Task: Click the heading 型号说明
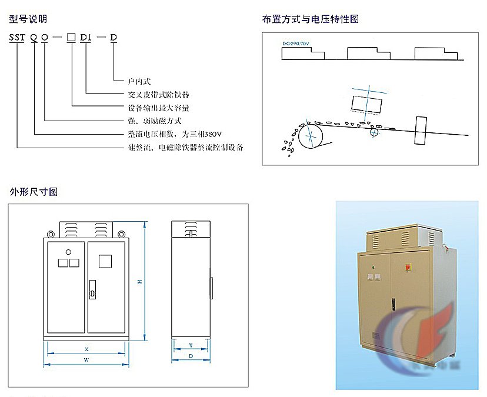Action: pyautogui.click(x=28, y=19)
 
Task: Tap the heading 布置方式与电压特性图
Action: pyautogui.click(x=310, y=19)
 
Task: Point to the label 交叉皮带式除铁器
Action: pyautogui.click(x=158, y=95)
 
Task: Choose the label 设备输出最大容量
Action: pyautogui.click(x=158, y=108)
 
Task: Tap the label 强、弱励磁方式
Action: pyautogui.click(x=155, y=121)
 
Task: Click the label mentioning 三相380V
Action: pyautogui.click(x=170, y=135)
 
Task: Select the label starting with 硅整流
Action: pyautogui.click(x=185, y=148)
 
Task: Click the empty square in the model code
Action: pyautogui.click(x=71, y=38)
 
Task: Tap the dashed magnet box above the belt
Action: pyautogui.click(x=366, y=103)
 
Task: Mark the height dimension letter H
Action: pyautogui.click(x=139, y=282)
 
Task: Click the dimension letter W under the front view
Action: pyautogui.click(x=86, y=359)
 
